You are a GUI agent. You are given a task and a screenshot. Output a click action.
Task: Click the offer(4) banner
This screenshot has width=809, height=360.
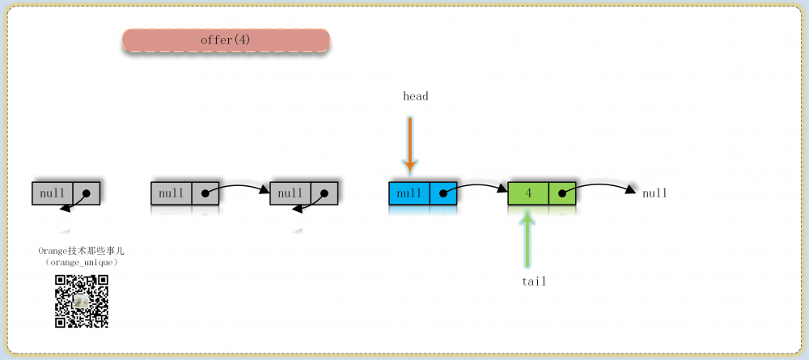pos(226,40)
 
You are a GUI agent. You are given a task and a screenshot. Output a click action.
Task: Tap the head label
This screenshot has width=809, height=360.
pos(415,96)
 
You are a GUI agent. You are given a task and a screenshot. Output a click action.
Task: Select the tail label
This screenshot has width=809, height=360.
pos(533,282)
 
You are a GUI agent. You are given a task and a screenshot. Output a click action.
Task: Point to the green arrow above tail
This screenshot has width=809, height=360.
pos(527,239)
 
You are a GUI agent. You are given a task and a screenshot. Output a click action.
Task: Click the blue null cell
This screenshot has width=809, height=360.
pos(409,193)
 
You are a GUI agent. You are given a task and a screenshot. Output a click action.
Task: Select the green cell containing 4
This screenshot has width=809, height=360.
pos(528,193)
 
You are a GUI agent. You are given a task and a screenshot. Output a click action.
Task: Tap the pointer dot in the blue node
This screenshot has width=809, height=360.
pos(443,193)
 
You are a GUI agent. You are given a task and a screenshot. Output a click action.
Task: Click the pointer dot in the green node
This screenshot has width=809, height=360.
pos(562,193)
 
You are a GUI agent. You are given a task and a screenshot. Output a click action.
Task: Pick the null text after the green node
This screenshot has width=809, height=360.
pos(654,193)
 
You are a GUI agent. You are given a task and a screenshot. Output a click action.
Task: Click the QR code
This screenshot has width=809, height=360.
pos(82,301)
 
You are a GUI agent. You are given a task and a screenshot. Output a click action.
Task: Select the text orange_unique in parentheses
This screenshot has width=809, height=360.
pos(82,263)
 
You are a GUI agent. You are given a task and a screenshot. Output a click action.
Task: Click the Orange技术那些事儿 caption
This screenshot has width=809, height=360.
pos(82,251)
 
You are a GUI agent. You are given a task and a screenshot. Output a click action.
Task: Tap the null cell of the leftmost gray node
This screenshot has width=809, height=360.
pos(52,193)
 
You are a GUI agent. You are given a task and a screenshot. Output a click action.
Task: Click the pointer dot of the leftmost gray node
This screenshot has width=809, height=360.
pos(87,193)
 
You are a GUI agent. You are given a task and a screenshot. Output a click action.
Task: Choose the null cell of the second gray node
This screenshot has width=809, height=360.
pos(172,193)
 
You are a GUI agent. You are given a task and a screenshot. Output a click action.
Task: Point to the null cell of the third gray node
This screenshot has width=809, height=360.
pos(290,193)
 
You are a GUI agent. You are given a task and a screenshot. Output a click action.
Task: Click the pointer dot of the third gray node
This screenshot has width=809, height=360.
pos(324,193)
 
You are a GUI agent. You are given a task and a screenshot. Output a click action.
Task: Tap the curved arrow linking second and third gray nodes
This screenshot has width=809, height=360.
pos(238,186)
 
